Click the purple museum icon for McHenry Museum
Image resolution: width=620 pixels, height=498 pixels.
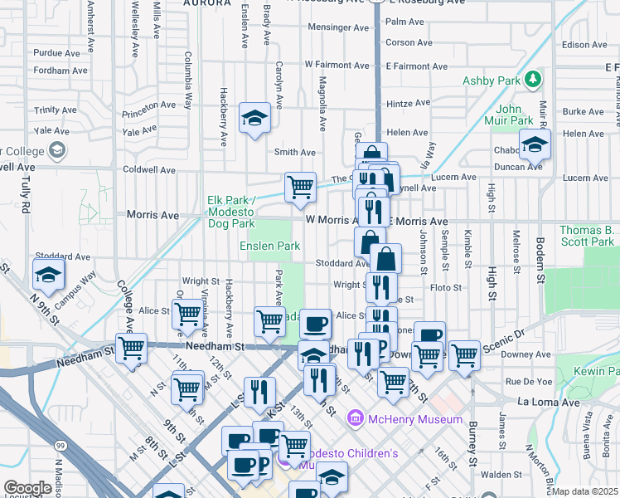pos(356,418)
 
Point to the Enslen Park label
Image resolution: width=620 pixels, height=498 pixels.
pos(269,246)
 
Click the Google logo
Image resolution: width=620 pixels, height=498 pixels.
pos(27,487)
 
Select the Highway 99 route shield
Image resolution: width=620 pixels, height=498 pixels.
pos(60,447)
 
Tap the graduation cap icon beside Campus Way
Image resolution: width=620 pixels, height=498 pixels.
pos(49,274)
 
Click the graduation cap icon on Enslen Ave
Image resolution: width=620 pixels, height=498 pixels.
pos(254,118)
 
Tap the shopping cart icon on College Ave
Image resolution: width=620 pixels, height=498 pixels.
pos(132,349)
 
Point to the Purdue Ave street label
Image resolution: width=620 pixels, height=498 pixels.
pos(56,53)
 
